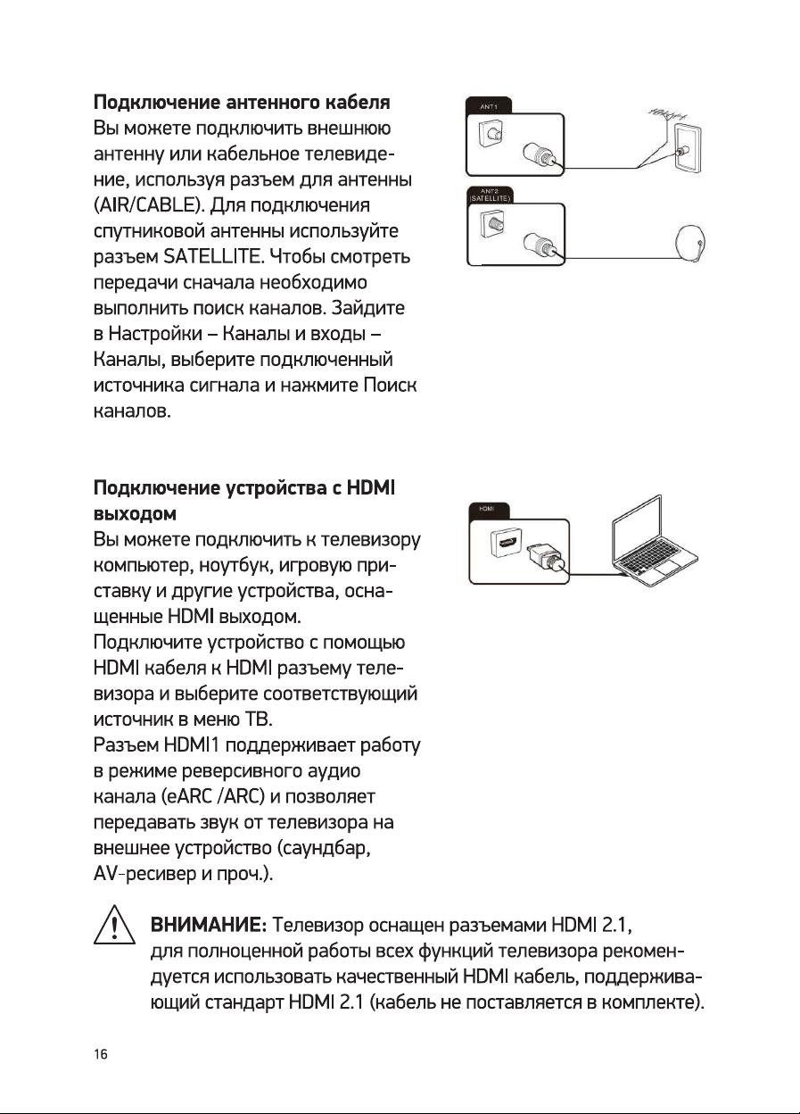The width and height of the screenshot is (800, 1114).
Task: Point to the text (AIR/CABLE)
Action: [x=151, y=206]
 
